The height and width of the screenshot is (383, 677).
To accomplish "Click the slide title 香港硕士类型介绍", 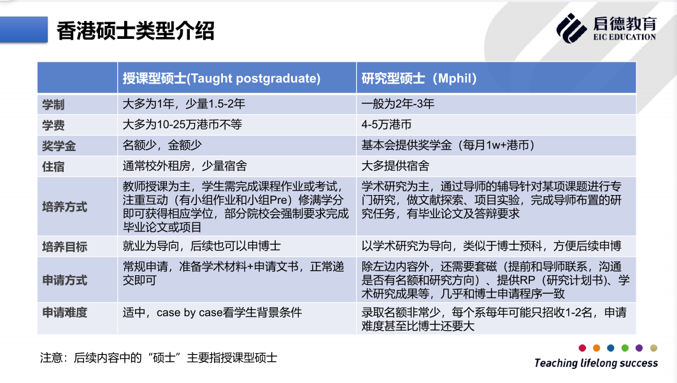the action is tap(136, 31).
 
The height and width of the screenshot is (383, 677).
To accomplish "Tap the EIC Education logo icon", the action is tap(571, 28).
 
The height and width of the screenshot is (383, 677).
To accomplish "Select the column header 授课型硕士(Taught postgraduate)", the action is tap(222, 78).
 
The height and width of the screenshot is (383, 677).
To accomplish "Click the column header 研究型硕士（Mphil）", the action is tap(419, 78).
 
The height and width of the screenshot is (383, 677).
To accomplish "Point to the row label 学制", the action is tap(53, 105).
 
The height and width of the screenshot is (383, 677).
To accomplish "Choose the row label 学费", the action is tap(53, 125).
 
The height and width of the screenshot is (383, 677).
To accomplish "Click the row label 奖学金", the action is tap(59, 146).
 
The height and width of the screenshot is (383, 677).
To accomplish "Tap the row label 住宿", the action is tap(53, 167).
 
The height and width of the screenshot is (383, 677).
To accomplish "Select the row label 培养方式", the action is tap(64, 207).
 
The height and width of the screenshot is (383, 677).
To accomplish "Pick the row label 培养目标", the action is tap(64, 247).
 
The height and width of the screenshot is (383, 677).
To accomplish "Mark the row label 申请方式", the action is tap(64, 280).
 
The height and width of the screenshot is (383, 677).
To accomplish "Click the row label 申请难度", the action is tap(64, 312).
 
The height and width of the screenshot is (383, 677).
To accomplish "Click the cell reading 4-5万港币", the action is tap(387, 125).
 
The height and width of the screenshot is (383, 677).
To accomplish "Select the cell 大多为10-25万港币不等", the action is tap(182, 125).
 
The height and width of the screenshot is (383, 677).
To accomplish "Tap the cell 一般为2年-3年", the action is tap(397, 104).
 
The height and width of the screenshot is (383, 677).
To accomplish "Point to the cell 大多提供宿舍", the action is tap(395, 166).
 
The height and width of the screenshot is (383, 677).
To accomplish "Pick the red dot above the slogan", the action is tap(582, 348).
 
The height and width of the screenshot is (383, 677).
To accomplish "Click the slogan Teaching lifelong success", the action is tap(596, 363).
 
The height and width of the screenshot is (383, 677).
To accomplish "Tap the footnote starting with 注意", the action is tap(159, 358).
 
